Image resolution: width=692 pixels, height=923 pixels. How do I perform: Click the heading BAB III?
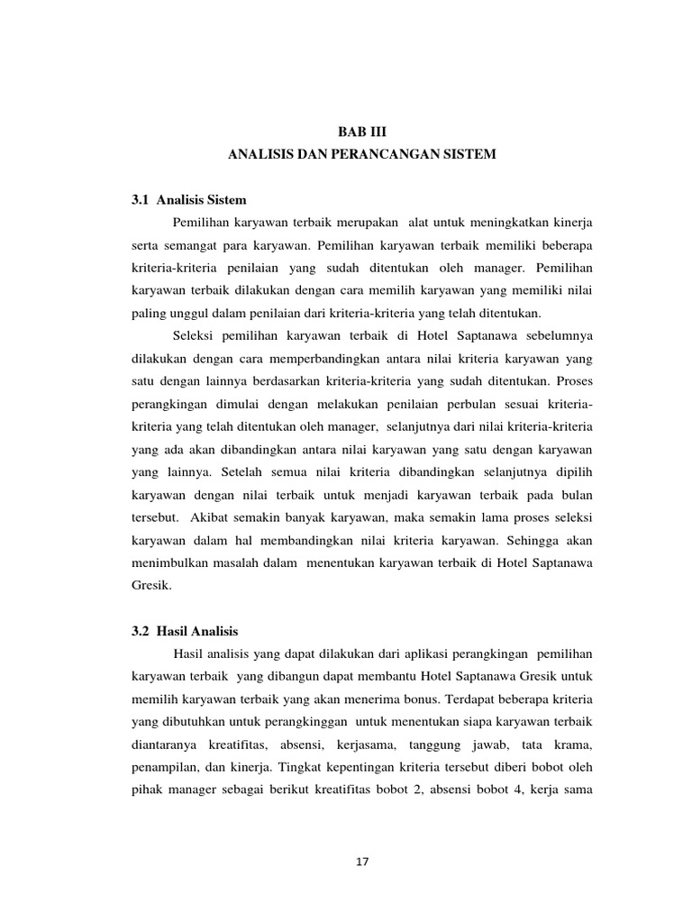click(360, 132)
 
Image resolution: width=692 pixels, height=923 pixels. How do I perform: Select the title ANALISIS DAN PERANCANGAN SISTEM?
click(360, 155)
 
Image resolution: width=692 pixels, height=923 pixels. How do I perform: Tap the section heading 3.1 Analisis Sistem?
click(188, 199)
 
